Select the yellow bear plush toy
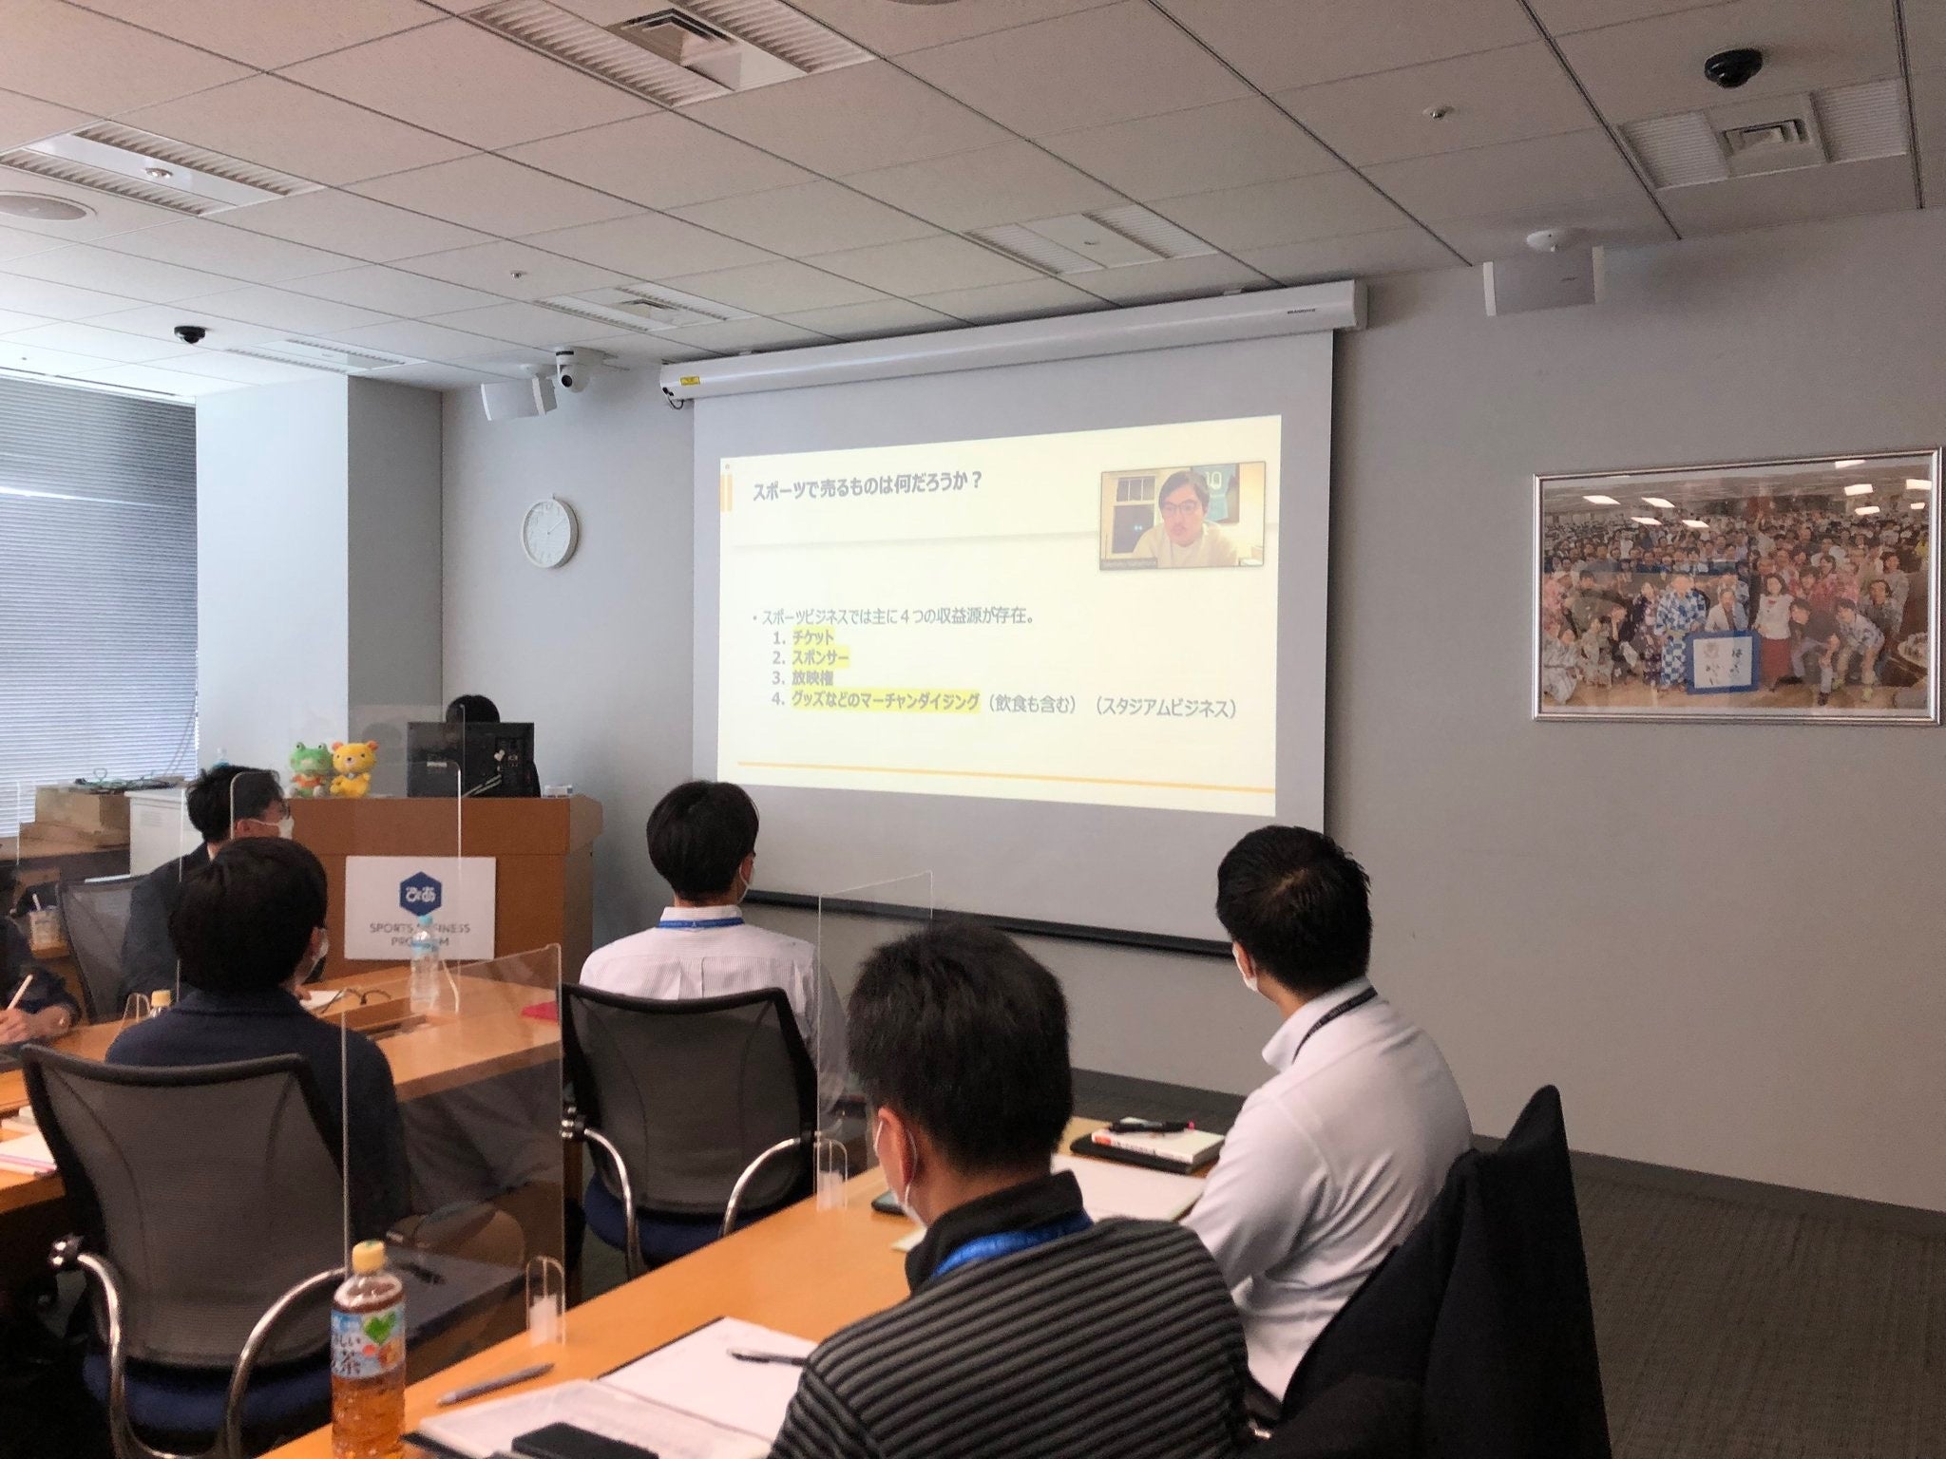click(352, 767)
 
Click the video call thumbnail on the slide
click(1182, 515)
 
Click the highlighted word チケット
click(812, 637)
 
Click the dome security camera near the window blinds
click(189, 334)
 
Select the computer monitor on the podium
click(470, 758)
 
